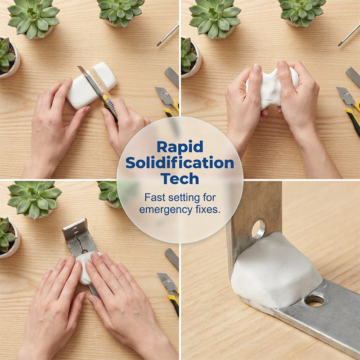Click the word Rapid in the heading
click(x=180, y=147)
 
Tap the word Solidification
click(x=180, y=163)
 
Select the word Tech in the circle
click(x=180, y=179)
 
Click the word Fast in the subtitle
click(x=155, y=198)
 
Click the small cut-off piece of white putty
click(x=105, y=76)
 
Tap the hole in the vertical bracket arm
click(x=258, y=229)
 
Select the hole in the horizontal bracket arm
click(x=314, y=301)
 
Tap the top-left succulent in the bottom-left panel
click(x=35, y=199)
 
